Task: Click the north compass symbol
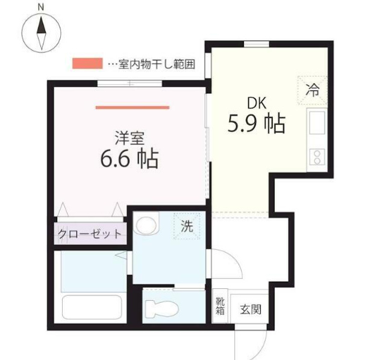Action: (41, 31)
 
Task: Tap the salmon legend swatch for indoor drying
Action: (87, 63)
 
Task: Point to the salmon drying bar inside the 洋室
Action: (133, 107)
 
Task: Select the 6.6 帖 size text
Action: (129, 159)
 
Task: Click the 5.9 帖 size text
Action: (256, 124)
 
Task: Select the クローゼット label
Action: (90, 234)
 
